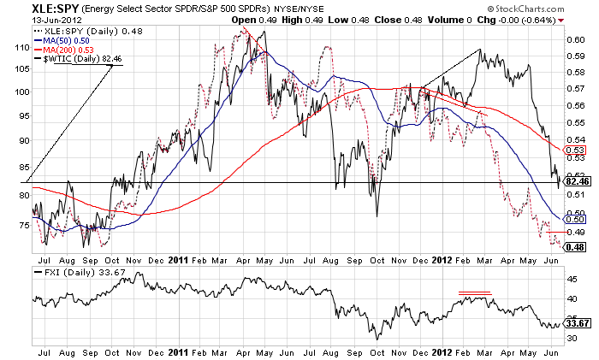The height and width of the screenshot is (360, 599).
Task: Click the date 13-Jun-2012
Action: tap(27, 20)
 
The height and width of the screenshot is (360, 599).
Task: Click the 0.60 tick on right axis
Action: tap(575, 39)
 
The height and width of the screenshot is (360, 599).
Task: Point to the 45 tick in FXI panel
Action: tap(572, 277)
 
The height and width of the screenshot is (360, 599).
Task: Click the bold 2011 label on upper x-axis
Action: tap(179, 257)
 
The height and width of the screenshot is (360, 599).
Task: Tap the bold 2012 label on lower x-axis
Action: tap(442, 351)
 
